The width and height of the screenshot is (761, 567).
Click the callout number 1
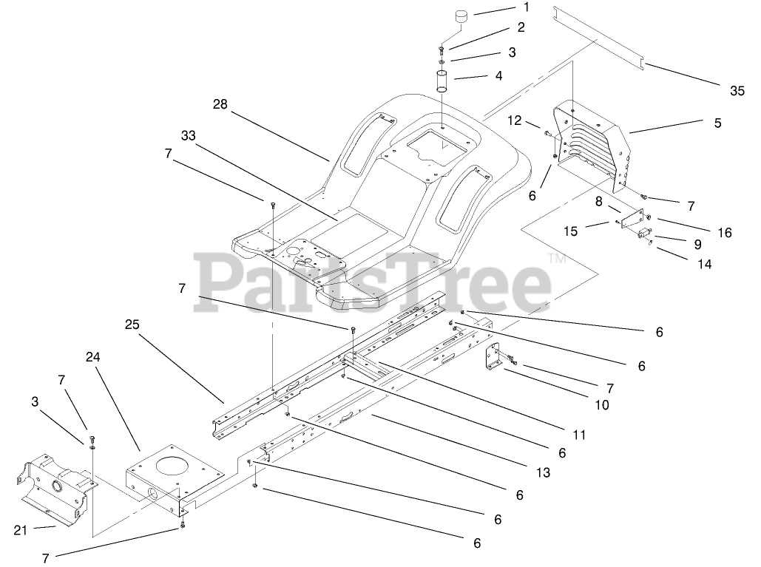coord(526,7)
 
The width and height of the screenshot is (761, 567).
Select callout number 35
coord(737,91)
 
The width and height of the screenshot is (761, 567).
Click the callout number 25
coord(132,324)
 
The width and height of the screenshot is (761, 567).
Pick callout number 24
coord(93,356)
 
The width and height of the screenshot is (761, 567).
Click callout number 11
coord(578,435)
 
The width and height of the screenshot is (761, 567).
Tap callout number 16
coord(724,233)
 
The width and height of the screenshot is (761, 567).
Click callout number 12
coord(515,120)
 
